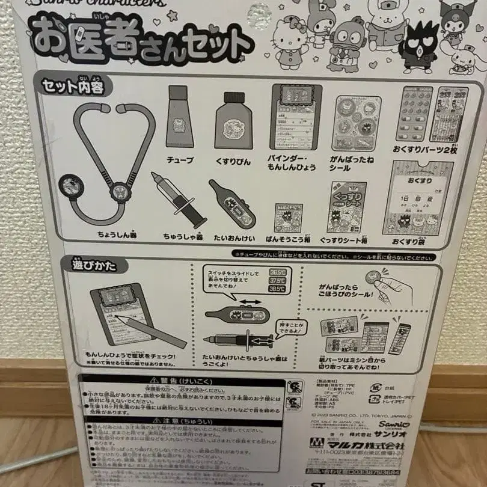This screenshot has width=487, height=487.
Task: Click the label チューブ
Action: point(180,160)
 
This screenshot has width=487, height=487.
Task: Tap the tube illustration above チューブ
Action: point(180,117)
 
